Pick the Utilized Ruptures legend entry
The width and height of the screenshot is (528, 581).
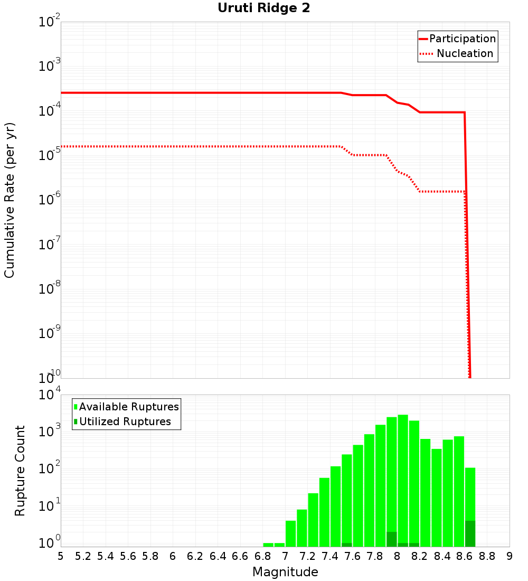[x=125, y=421]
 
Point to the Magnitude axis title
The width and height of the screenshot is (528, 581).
[x=285, y=572]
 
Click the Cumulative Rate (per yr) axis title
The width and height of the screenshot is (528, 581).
[x=10, y=200]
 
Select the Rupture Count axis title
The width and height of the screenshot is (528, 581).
[x=20, y=471]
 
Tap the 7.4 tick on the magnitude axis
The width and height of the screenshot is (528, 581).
[x=330, y=556]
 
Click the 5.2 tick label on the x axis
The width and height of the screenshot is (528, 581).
[x=83, y=556]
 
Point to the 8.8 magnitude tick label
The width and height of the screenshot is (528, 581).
[x=487, y=556]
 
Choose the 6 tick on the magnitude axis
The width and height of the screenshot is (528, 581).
[x=173, y=556]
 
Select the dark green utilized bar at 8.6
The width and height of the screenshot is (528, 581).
[x=470, y=533]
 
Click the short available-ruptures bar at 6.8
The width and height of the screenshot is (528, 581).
[x=268, y=545]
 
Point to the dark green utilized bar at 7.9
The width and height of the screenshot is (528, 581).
[x=392, y=539]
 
